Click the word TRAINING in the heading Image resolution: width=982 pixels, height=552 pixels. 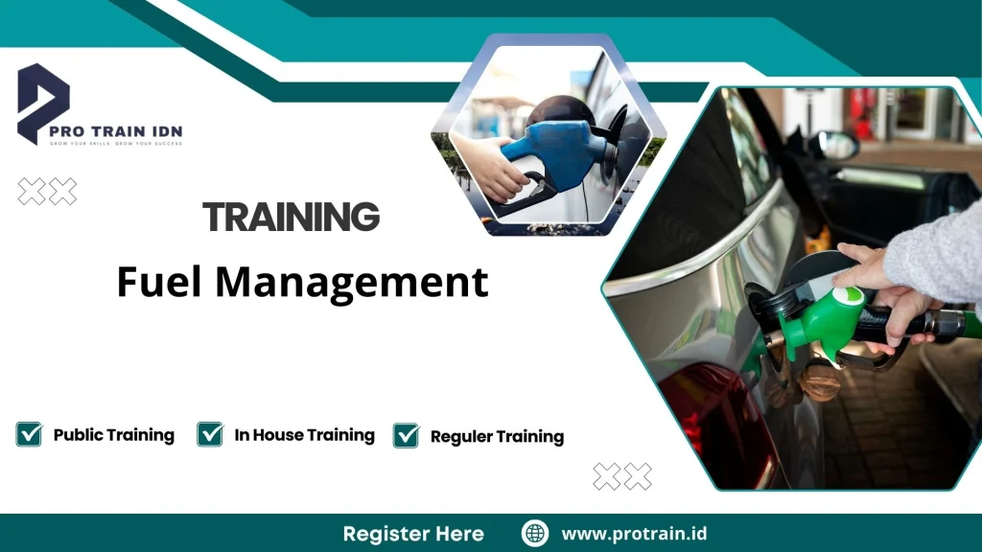point(292,218)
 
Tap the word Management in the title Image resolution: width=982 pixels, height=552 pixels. point(351,283)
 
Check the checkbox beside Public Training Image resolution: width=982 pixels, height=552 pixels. point(29,434)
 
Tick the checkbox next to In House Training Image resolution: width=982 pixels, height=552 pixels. point(210,434)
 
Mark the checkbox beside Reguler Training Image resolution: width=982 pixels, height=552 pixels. point(407,435)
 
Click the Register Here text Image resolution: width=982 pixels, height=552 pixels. point(413,534)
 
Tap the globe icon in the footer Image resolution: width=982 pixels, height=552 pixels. point(535,534)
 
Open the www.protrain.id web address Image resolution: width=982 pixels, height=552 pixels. point(634,534)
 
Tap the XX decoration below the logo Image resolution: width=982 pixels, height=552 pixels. point(47,192)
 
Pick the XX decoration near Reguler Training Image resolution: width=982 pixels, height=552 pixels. point(621,476)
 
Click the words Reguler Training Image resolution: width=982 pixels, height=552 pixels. point(497,437)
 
